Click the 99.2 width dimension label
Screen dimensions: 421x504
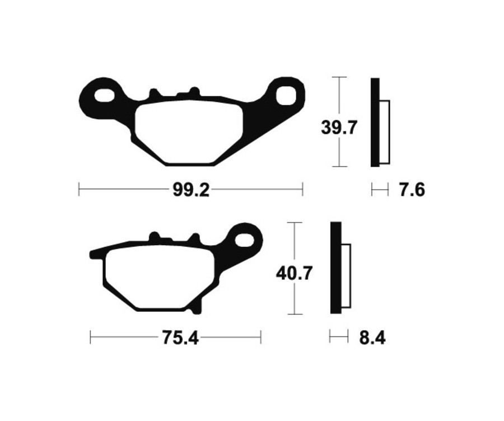tap(190, 190)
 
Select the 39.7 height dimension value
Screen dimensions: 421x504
tap(339, 128)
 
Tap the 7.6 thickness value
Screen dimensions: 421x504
tap(412, 190)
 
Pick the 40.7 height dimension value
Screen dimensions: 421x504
tap(294, 274)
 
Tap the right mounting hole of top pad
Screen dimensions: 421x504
tap(285, 95)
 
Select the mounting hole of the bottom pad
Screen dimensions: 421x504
tap(245, 240)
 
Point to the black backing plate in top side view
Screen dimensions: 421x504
tap(375, 122)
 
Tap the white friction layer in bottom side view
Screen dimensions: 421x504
tap(346, 277)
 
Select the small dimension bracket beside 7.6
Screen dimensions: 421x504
tap(380, 190)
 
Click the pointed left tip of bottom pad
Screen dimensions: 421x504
tap(92, 254)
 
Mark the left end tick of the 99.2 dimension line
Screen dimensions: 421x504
tap(79, 190)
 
